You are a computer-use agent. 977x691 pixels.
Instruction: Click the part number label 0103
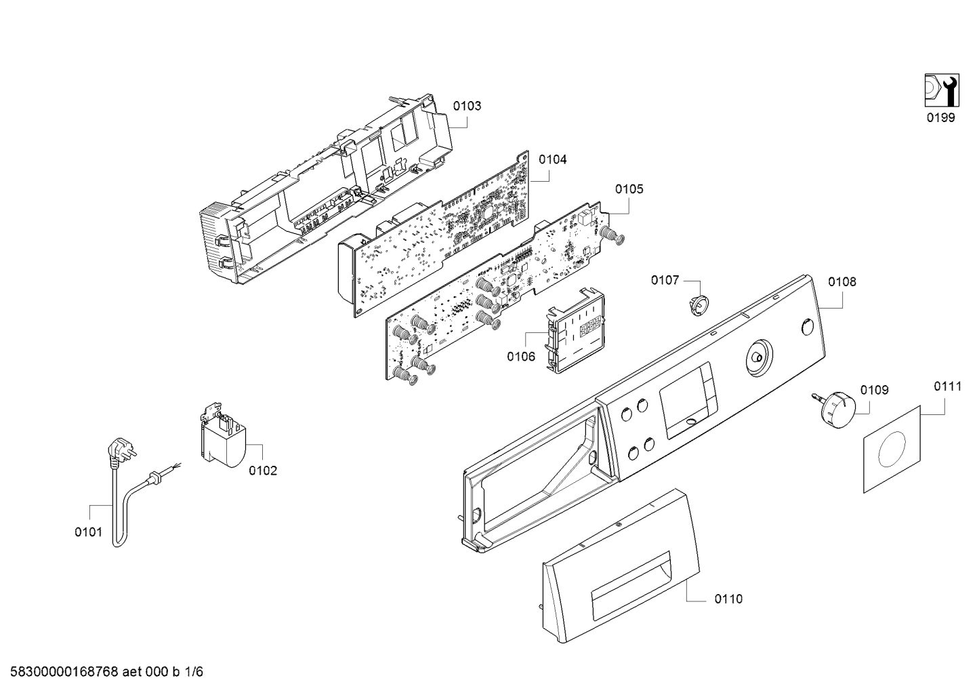pos(467,106)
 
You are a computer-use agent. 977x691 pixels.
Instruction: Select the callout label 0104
pos(553,160)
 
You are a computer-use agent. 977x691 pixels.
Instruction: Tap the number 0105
pos(629,189)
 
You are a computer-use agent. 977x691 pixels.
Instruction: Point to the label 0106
pos(521,357)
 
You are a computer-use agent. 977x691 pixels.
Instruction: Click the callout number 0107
pos(665,280)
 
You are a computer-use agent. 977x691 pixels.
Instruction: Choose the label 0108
pos(842,282)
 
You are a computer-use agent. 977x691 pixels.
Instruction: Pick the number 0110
pos(728,599)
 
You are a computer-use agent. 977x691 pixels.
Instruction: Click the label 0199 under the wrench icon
pos(941,117)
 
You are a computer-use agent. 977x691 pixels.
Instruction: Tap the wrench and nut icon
pos(942,90)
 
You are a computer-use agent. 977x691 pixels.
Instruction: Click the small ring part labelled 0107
pos(699,303)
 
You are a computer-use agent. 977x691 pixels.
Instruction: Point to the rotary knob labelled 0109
pos(833,403)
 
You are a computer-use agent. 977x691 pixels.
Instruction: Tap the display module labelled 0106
pos(576,330)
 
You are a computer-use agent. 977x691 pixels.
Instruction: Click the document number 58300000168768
pos(64,672)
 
